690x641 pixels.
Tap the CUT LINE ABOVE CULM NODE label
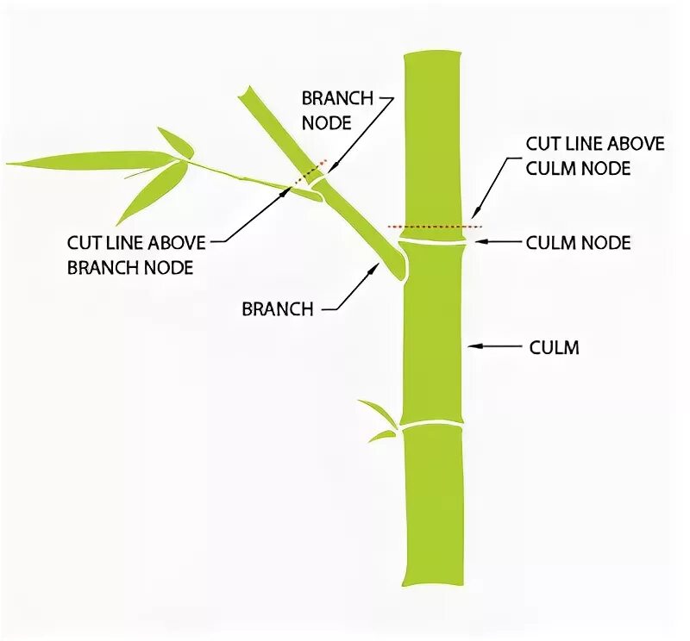(594, 155)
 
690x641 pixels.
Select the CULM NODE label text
(578, 243)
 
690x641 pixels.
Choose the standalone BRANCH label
(277, 308)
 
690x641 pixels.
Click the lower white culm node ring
(431, 424)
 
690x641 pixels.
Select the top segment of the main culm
(432, 138)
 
